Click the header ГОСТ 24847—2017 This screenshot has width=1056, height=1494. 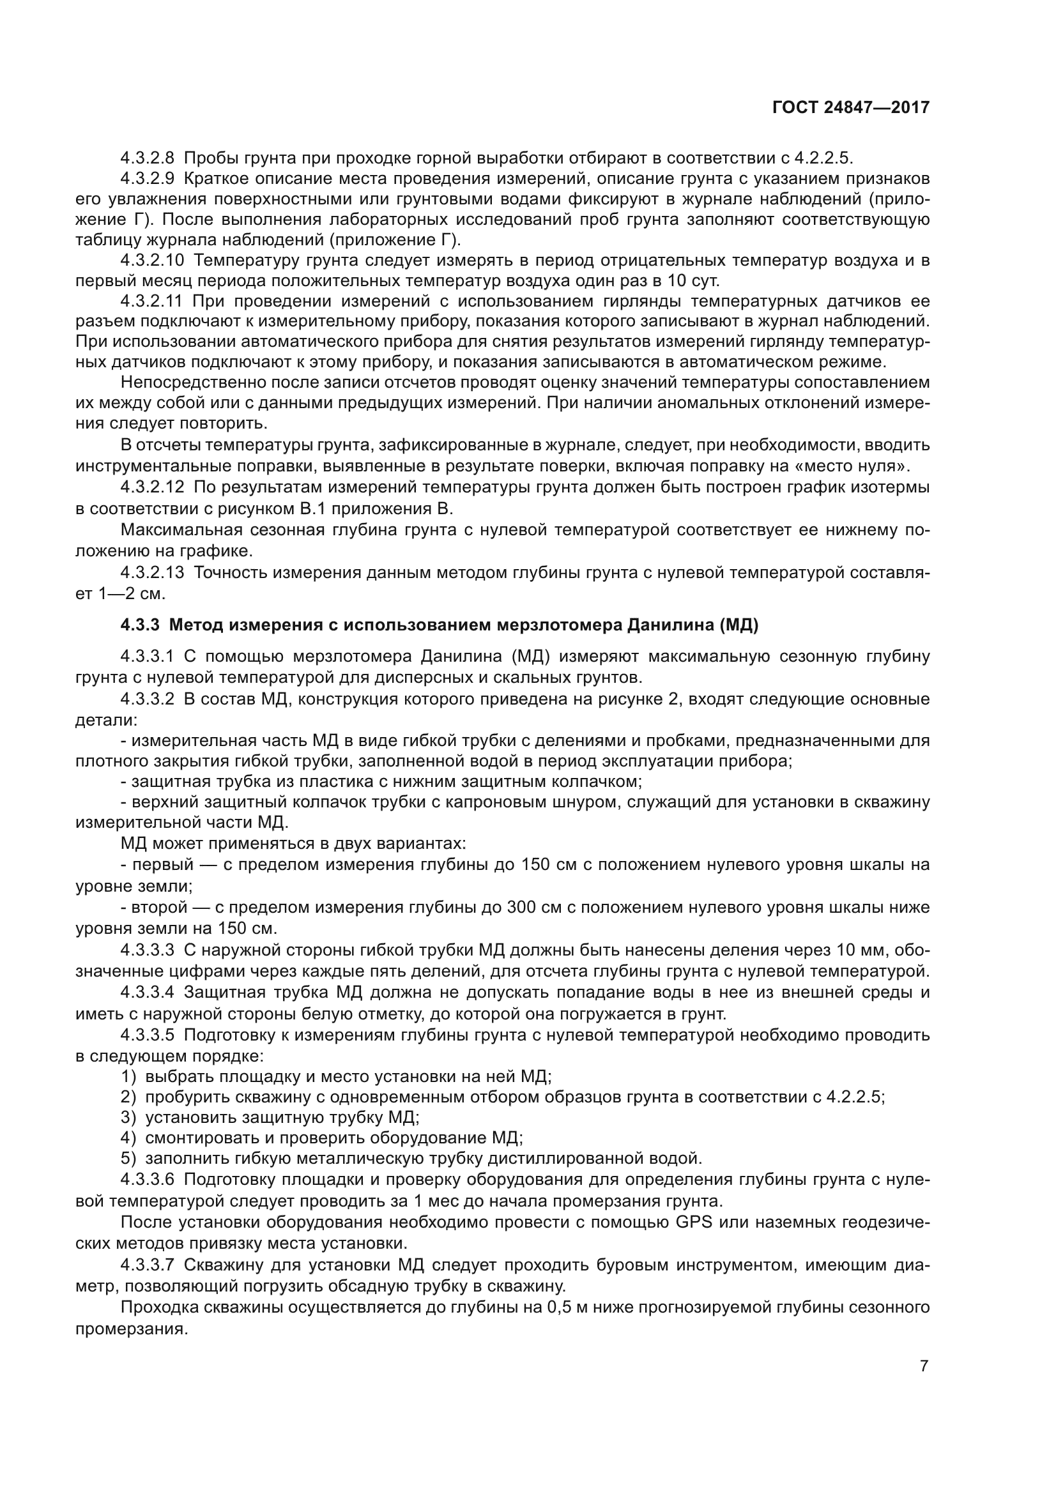coord(850,107)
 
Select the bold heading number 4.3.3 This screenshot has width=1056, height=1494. coord(140,625)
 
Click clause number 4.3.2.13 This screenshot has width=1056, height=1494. coord(153,572)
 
